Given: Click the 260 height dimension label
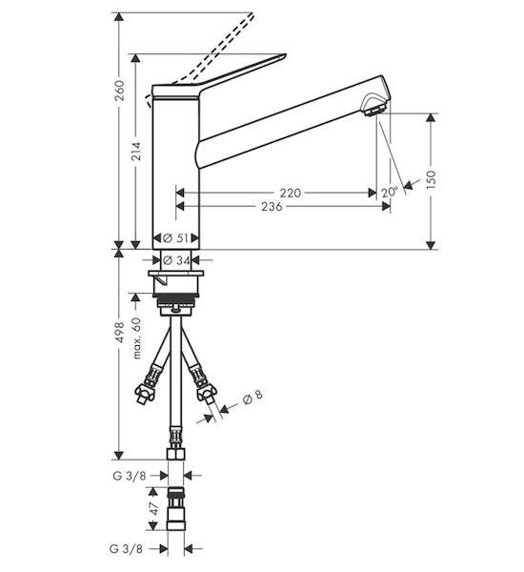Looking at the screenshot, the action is (x=119, y=91).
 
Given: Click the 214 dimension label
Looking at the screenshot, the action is (x=136, y=151).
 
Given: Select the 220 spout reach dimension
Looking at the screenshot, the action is (x=291, y=193).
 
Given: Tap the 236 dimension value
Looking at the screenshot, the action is (x=272, y=207).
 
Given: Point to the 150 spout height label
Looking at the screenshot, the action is (x=431, y=179).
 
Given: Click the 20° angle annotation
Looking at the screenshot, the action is (x=391, y=192).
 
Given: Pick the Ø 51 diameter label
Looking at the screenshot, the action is (x=176, y=238).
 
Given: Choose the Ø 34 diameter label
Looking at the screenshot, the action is (x=176, y=260).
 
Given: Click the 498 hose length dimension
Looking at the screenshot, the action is (x=119, y=332).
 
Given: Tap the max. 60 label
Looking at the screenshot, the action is (x=136, y=338).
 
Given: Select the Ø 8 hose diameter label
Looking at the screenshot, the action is (x=252, y=397).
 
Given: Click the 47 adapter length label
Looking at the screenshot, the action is (x=154, y=508).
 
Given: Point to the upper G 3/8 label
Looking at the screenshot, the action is (x=130, y=476).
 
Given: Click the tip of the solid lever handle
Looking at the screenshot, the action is (x=285, y=55).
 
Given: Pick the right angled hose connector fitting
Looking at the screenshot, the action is (x=203, y=387).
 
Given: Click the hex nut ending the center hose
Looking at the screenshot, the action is (x=175, y=454).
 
